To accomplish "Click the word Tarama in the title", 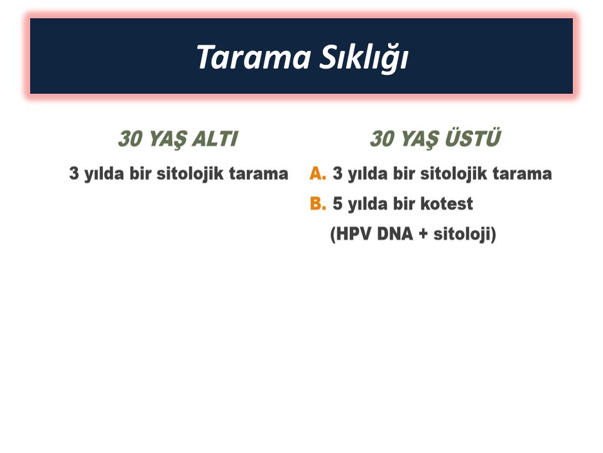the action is click(253, 57).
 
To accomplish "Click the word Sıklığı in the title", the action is click(364, 58).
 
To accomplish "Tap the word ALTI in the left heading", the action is click(215, 138).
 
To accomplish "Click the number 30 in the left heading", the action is click(131, 138).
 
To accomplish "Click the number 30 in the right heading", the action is click(382, 138).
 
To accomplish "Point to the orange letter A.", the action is click(318, 174).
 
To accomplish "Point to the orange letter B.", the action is click(318, 203).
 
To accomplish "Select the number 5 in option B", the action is click(337, 203).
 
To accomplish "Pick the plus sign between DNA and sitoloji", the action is click(423, 234).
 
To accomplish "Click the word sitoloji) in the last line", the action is click(465, 234).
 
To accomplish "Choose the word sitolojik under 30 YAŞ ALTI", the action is click(190, 174).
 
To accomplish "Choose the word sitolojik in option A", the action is click(454, 174).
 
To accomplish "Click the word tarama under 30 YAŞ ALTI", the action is click(258, 174).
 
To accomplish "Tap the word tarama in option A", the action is click(522, 174).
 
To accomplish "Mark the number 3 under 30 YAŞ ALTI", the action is click(74, 174).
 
